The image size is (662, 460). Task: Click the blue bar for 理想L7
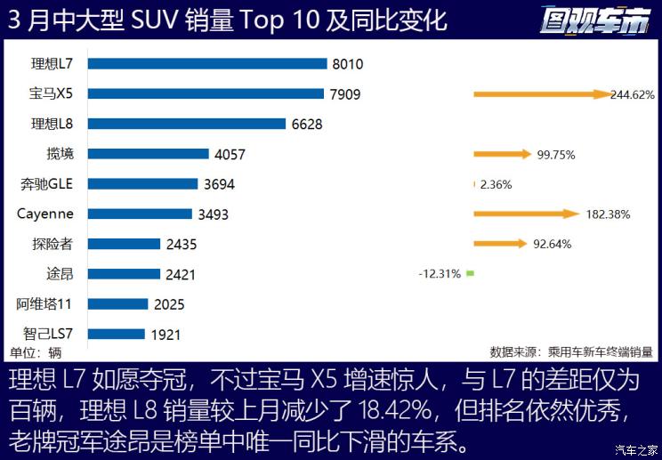[x=208, y=63]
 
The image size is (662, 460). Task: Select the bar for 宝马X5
[x=206, y=93]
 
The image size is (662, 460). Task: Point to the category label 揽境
[x=61, y=154]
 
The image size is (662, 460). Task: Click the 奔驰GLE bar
[x=143, y=184]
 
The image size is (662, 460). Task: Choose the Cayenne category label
[x=45, y=214]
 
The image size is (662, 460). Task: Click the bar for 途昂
[x=124, y=274]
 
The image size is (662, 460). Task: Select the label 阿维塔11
[x=44, y=304]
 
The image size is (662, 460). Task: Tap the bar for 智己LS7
[x=117, y=334]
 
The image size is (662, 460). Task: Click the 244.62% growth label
[x=633, y=94]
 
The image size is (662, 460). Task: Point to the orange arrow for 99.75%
[x=502, y=154]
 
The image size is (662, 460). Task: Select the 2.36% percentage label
[x=496, y=184]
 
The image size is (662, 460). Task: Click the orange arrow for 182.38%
[x=526, y=214]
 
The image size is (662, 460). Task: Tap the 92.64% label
[x=552, y=244]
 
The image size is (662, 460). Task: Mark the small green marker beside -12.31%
[x=470, y=274]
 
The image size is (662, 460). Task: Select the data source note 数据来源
[x=570, y=351]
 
